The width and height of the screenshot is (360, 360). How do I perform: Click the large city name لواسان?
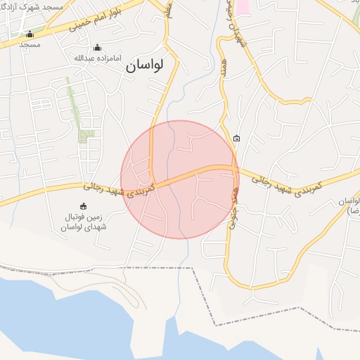[145, 65]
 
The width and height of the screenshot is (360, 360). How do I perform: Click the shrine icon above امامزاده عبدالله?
[97, 47]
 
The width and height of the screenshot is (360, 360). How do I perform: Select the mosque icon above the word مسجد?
[30, 34]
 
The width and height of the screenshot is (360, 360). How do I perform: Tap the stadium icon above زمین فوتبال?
[84, 206]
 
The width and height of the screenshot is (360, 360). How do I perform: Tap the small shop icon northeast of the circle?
[236, 138]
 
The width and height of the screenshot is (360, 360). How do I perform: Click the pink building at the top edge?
[243, 6]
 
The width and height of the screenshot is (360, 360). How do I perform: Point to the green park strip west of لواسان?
[73, 102]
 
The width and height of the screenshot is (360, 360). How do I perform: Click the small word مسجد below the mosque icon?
[30, 44]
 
